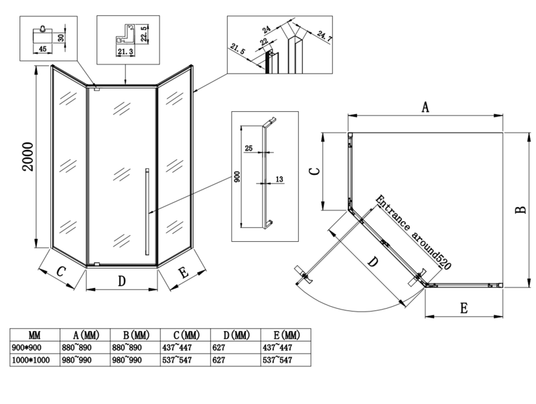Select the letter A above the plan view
point(425,107)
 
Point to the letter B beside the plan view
point(520,210)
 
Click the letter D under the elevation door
point(122,281)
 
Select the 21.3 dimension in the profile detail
point(125,51)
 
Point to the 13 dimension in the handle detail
point(279,179)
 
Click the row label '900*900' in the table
point(27,348)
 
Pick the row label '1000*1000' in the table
point(31,360)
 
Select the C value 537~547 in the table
point(177,360)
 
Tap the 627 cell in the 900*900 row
point(220,348)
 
